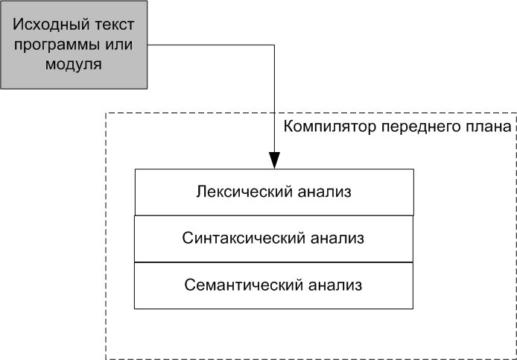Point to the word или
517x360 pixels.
click(x=118, y=45)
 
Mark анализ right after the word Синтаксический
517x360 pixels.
click(x=329, y=239)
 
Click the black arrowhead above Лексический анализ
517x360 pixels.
click(x=274, y=160)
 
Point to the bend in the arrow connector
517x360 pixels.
click(x=274, y=46)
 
